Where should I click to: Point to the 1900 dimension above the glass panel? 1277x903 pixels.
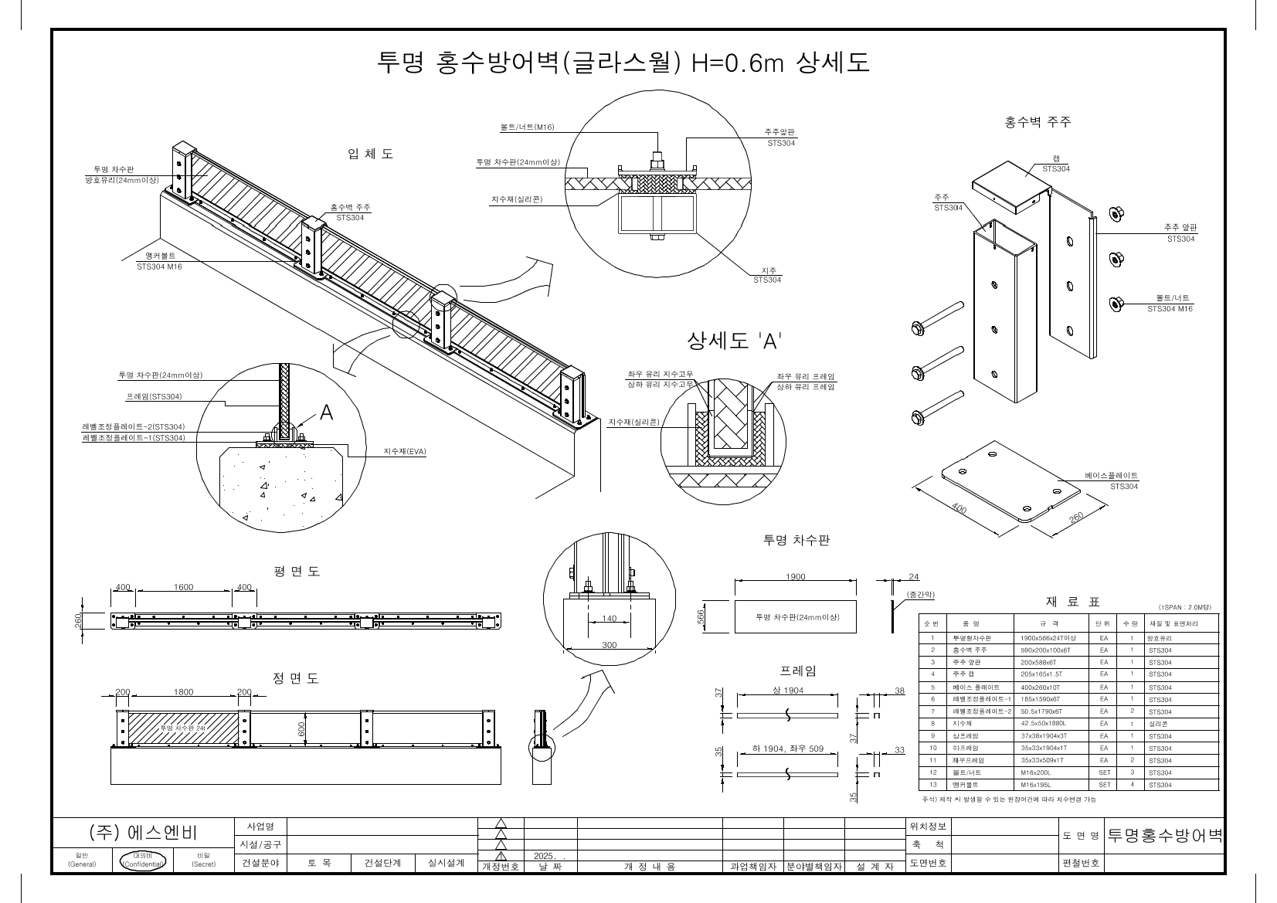click(x=795, y=577)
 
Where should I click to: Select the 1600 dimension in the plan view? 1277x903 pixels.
click(x=183, y=587)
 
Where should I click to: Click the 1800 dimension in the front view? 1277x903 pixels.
click(x=183, y=692)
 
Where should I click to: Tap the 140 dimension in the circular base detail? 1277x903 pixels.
click(x=609, y=619)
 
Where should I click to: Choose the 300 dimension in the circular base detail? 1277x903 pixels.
click(x=609, y=645)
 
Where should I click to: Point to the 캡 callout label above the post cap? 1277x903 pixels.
click(x=1055, y=158)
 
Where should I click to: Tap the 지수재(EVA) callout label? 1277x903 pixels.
click(x=405, y=451)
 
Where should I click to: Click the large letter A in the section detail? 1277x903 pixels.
click(x=326, y=413)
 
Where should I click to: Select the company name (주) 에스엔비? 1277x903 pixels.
click(x=143, y=833)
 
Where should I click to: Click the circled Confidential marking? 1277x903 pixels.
click(x=143, y=860)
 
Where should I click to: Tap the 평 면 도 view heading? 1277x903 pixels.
click(x=296, y=572)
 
